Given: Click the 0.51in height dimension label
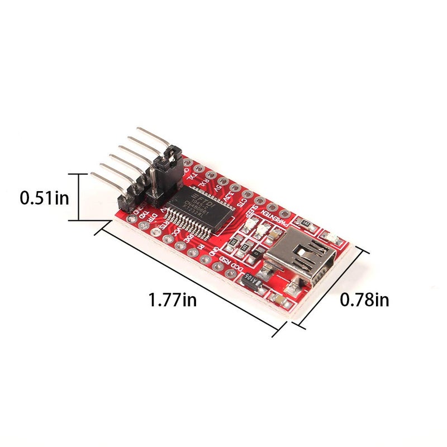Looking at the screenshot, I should [x=45, y=198].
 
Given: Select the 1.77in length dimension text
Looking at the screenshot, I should [x=172, y=300].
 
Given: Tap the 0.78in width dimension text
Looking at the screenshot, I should [x=365, y=300].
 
